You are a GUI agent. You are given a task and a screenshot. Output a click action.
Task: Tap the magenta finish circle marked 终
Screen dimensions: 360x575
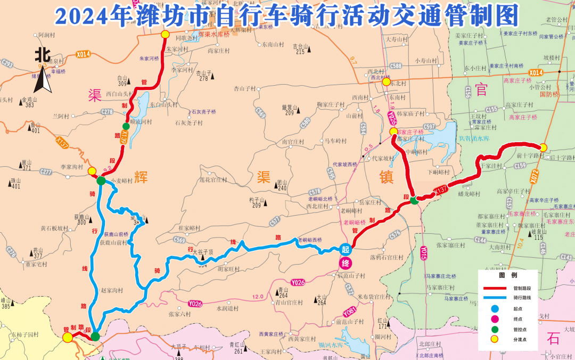[x=345, y=263]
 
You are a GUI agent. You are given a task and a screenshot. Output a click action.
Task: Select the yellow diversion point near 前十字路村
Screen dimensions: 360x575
[x=543, y=148]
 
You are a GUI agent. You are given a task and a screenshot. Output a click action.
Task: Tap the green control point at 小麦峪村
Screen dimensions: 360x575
[x=101, y=181]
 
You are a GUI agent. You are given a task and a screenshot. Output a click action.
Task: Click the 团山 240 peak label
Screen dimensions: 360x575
[x=281, y=185]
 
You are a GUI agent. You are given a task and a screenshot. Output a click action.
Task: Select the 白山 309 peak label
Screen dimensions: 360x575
[x=123, y=80]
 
